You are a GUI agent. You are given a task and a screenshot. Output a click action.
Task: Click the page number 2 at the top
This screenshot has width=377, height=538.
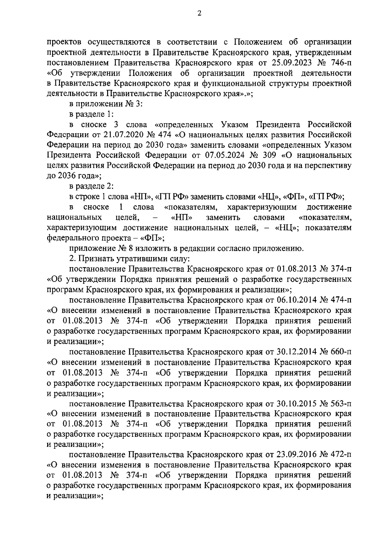[x=199, y=13]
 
